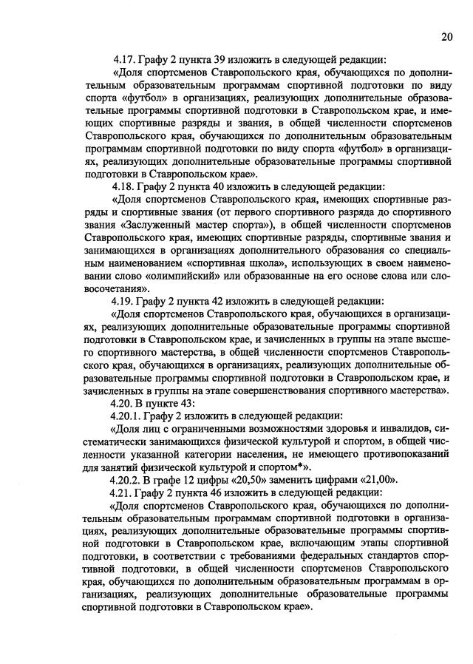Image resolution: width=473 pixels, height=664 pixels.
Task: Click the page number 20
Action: pos(448,36)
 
